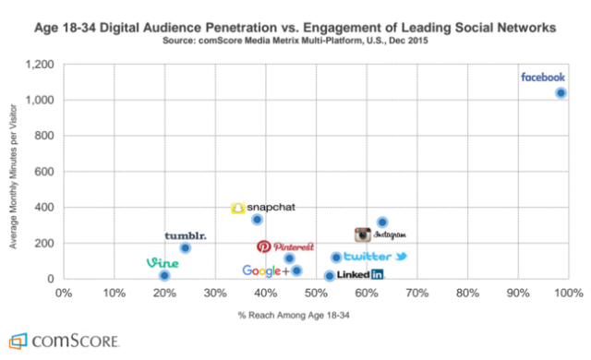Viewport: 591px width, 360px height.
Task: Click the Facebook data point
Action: pyautogui.click(x=561, y=92)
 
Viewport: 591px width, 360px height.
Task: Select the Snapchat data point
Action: pyautogui.click(x=257, y=219)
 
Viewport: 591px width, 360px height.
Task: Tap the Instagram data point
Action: pyautogui.click(x=382, y=222)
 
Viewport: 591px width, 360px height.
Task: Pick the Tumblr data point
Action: pyautogui.click(x=185, y=247)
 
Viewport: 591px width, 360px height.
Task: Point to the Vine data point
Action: pyautogui.click(x=164, y=275)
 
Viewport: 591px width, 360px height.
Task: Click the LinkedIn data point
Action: pyautogui.click(x=330, y=276)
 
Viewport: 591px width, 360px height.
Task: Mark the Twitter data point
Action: pyautogui.click(x=336, y=258)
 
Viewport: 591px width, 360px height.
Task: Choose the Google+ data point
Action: pyautogui.click(x=296, y=270)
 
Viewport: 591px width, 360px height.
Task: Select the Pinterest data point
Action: pyautogui.click(x=289, y=258)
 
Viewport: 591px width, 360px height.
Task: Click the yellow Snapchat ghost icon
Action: pyautogui.click(x=238, y=208)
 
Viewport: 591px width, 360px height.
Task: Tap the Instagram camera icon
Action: pyautogui.click(x=363, y=234)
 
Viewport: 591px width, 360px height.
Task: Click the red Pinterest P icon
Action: pyautogui.click(x=263, y=246)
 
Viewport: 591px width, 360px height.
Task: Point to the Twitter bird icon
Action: pyautogui.click(x=401, y=257)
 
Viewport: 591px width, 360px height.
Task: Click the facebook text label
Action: pyautogui.click(x=543, y=78)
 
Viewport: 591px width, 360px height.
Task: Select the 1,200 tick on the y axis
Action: pyautogui.click(x=40, y=65)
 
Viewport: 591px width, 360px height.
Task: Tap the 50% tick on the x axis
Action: pyautogui.click(x=316, y=293)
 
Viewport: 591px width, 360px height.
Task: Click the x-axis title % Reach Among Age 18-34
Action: pyautogui.click(x=294, y=315)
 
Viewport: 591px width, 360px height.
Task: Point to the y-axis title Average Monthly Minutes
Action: pyautogui.click(x=14, y=176)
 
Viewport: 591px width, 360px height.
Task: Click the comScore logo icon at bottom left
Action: pyautogui.click(x=18, y=341)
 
